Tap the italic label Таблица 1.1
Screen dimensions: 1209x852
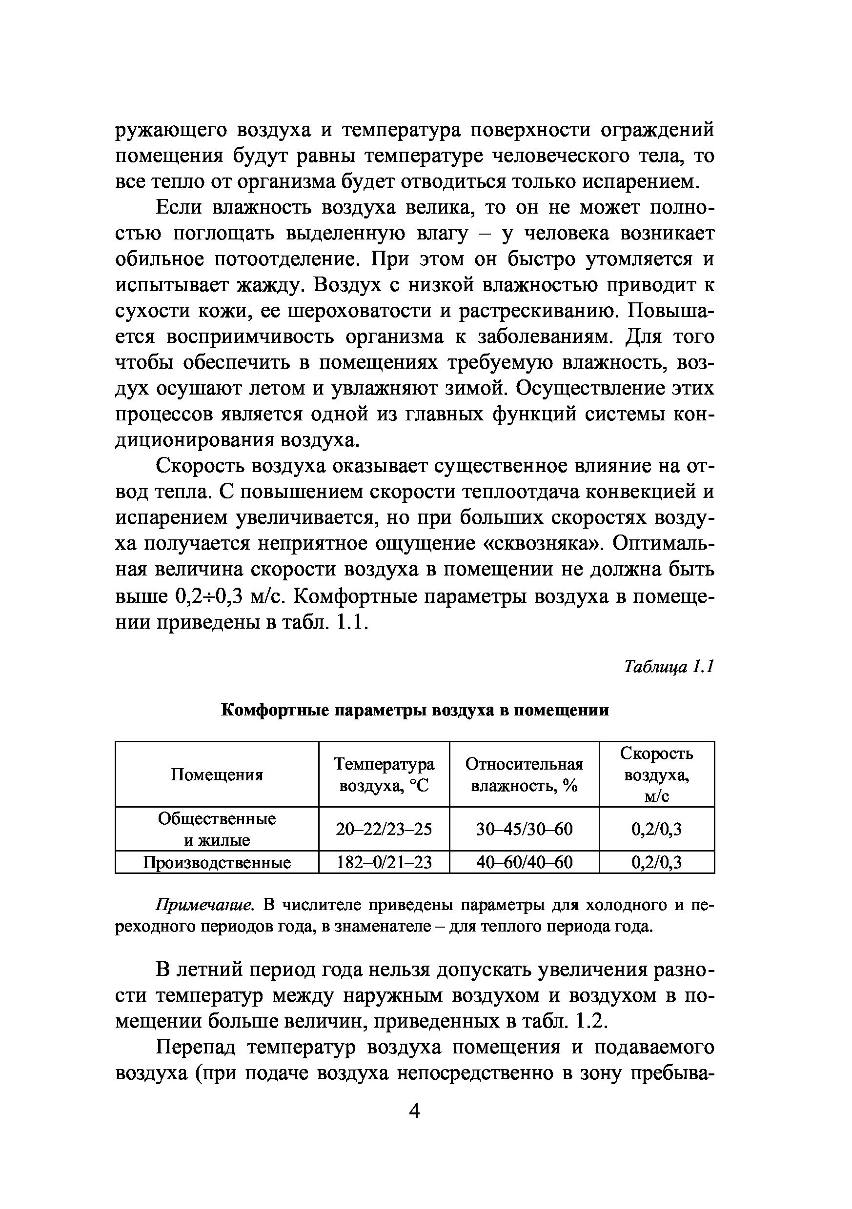(669, 667)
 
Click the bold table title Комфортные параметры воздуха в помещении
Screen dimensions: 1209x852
(415, 711)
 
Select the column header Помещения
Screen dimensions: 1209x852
(217, 774)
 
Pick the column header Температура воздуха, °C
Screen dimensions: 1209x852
(384, 774)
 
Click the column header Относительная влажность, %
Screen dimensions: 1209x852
(524, 774)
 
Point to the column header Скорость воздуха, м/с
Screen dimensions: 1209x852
(656, 774)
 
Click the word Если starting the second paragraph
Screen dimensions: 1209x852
(179, 207)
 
